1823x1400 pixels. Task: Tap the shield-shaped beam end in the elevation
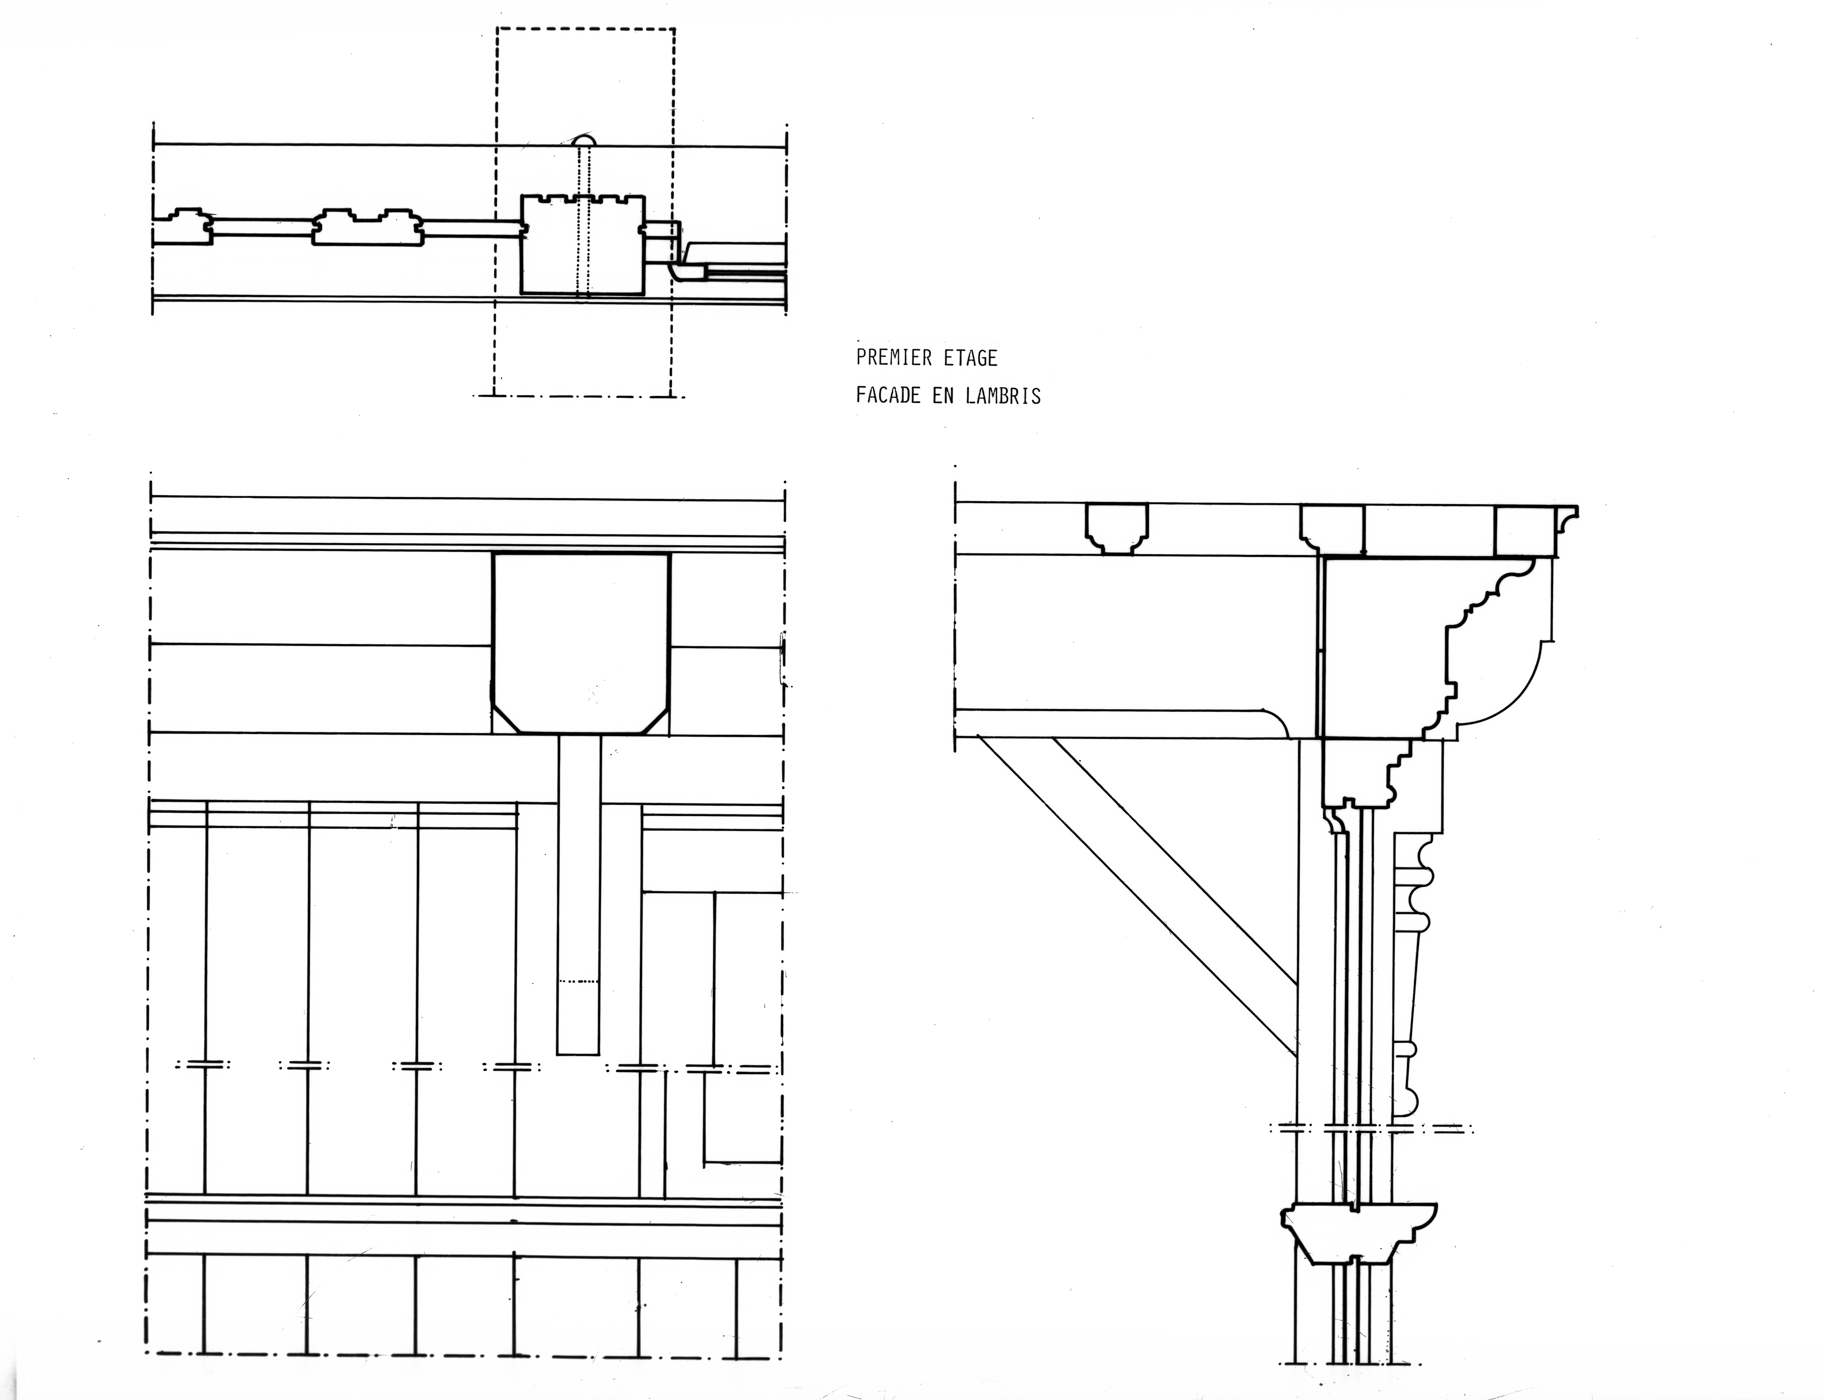point(581,642)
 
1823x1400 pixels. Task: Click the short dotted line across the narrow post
point(579,982)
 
